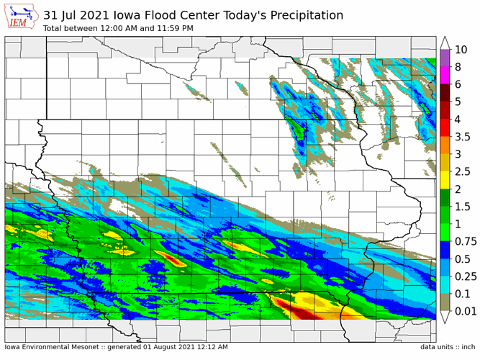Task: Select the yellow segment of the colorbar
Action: coord(445,174)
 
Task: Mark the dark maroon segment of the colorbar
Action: coord(445,93)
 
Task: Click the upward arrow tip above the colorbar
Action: coord(445,42)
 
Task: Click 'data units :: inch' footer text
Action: coord(448,347)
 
